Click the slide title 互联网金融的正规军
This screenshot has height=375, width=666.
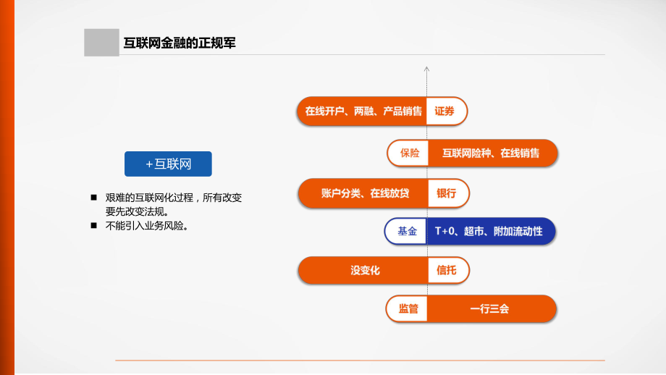180,43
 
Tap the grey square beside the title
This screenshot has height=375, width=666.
101,43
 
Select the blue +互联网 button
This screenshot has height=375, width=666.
168,164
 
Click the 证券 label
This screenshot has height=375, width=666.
445,111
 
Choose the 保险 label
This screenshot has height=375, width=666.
409,153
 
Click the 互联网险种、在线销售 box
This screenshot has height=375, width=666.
492,153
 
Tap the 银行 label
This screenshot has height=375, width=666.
446,193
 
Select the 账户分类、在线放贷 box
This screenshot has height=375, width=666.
364,193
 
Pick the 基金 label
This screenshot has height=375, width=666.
407,232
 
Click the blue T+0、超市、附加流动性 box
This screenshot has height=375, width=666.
490,232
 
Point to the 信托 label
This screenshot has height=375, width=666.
447,271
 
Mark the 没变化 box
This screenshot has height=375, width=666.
365,271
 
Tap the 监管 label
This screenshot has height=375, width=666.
408,309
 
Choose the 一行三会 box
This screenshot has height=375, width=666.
490,309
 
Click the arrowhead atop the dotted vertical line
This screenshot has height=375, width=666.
427,70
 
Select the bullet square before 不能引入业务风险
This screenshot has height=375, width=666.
94,226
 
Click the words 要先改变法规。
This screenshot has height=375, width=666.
137,211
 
